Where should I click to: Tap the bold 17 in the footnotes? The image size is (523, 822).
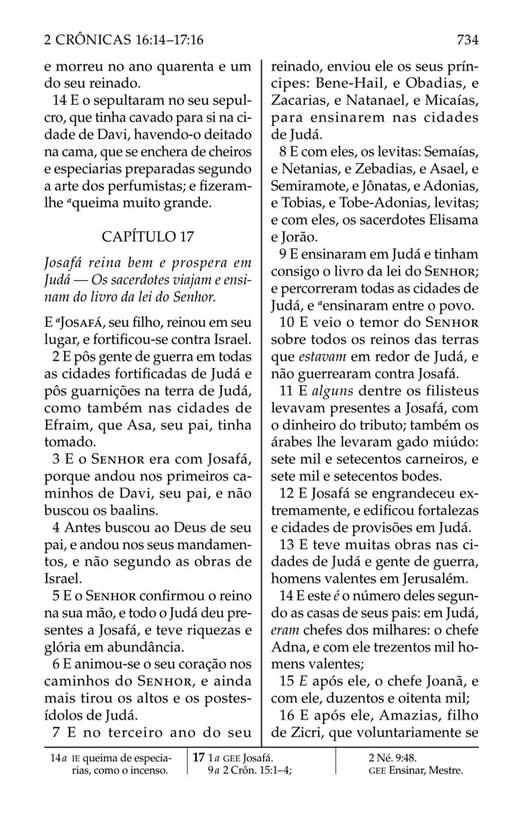coord(198,757)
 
